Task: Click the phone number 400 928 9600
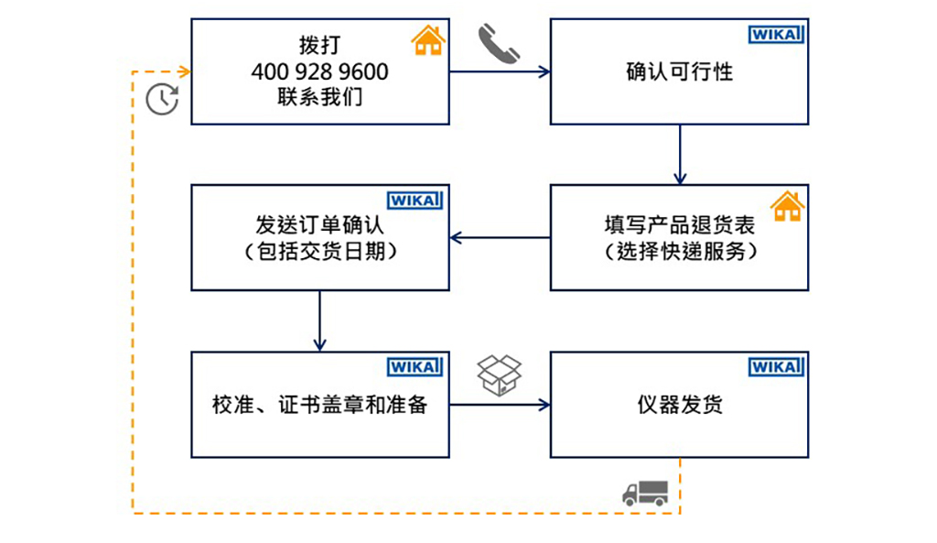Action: point(319,71)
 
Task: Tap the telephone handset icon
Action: point(499,44)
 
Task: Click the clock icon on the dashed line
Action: point(162,99)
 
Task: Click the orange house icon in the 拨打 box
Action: point(427,40)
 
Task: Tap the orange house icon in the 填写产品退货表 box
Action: point(786,206)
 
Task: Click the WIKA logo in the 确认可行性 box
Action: point(776,35)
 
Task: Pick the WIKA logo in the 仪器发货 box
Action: point(776,366)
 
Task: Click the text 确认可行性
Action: point(679,71)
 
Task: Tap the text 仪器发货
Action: point(679,404)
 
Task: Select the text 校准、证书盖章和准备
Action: point(319,404)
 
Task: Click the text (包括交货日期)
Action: point(319,250)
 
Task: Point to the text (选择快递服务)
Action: point(679,250)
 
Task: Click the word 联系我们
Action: point(319,96)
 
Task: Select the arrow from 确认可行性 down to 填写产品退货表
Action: point(679,155)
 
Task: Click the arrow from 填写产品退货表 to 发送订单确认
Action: point(500,238)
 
